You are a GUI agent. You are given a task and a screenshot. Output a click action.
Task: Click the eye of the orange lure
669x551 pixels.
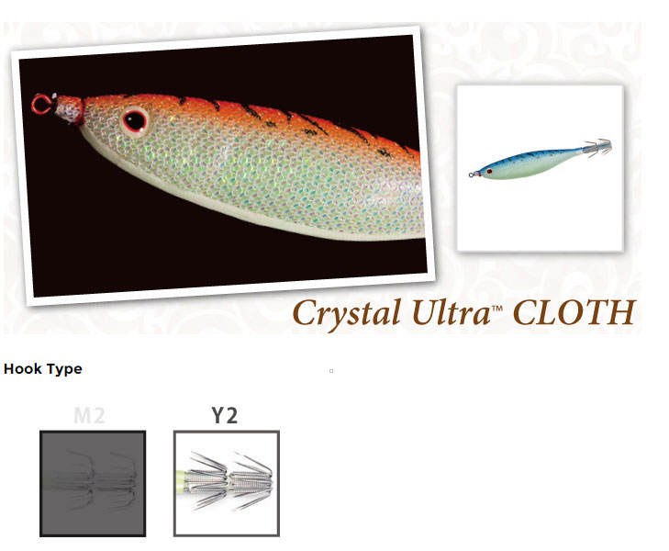134,121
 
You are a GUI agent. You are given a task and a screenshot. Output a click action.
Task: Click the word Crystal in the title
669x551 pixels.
347,313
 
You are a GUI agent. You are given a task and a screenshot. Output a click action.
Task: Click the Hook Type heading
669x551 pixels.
42,369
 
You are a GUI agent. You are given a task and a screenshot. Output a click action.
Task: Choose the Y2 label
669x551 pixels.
225,415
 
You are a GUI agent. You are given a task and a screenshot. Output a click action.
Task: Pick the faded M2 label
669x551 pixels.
89,415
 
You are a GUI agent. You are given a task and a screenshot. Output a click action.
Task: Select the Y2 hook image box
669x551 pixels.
227,483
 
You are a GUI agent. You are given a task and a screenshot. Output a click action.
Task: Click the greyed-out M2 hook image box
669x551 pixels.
93,483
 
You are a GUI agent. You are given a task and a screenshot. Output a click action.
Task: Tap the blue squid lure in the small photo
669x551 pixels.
541,160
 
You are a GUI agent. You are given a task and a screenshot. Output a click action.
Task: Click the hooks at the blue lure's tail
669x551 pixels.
598,148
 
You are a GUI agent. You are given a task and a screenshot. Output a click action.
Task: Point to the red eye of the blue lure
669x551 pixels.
489,171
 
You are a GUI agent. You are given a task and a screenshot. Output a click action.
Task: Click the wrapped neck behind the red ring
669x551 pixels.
69,109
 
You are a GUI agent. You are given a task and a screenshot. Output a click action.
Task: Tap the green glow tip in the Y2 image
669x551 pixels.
182,480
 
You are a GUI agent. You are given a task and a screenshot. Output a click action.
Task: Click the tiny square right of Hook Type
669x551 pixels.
331,371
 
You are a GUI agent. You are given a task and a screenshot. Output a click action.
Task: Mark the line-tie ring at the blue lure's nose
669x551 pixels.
471,174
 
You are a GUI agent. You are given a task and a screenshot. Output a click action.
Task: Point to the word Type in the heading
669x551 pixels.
64,369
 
